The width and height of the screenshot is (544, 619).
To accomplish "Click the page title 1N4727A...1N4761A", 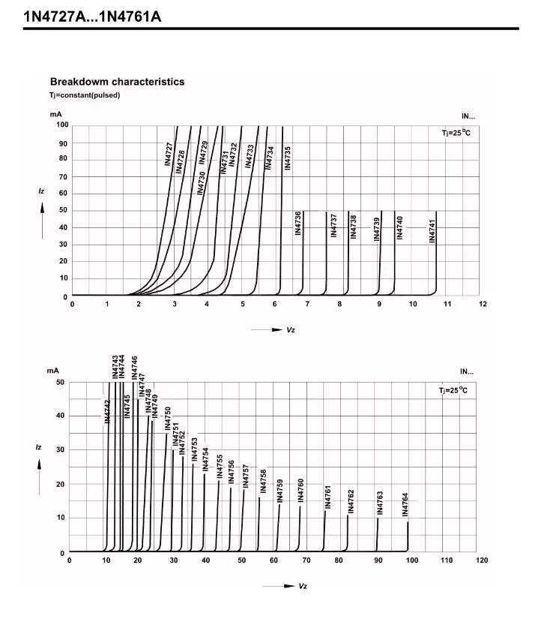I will coord(92,16).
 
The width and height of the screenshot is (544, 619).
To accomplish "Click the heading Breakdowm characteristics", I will coord(117,82).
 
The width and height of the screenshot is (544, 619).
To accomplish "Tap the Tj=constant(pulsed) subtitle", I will coord(85,95).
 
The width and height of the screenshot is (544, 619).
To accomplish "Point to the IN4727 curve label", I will coord(169,154).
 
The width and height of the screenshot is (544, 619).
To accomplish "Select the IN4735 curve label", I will coord(288,158).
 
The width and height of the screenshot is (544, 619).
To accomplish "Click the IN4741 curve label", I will coord(432,231).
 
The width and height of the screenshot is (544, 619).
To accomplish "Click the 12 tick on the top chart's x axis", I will coord(483,304).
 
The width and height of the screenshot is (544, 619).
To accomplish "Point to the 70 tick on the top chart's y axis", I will coord(64,177).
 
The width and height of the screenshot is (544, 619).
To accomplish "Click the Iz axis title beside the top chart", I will coord(42,192).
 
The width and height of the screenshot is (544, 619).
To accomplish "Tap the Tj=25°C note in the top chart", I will coord(456,133).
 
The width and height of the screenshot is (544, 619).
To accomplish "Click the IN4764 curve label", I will coord(405,504).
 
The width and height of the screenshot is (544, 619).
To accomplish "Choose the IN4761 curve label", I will coord(327,497).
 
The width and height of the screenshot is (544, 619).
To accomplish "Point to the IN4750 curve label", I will coord(168,419).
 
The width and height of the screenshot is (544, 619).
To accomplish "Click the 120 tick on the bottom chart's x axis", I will coord(482,560).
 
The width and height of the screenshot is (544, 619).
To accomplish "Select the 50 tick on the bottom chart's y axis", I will coord(61,383).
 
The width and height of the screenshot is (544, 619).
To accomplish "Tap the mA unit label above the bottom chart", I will coord(52,371).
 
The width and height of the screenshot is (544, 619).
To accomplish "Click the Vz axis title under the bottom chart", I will coord(303,586).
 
